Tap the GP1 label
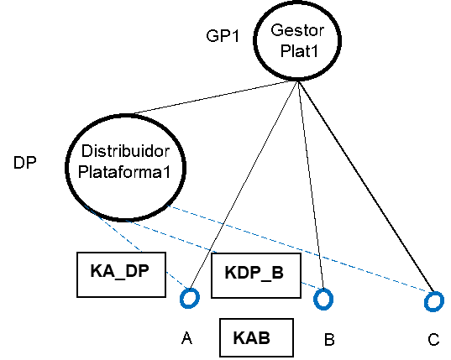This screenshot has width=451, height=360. [x=223, y=36]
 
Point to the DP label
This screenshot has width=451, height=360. [x=25, y=163]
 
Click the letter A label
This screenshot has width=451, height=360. [x=187, y=338]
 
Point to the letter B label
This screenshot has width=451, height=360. [x=329, y=339]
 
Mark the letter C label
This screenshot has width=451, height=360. [x=433, y=339]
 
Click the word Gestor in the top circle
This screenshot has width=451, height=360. [x=297, y=30]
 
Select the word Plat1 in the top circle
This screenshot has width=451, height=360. [x=299, y=51]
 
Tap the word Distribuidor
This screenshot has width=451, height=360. [x=125, y=151]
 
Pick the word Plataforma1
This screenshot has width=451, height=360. [x=124, y=172]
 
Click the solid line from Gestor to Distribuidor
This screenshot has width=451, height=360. [x=216, y=97]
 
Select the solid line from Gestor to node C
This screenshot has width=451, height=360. [x=366, y=186]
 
